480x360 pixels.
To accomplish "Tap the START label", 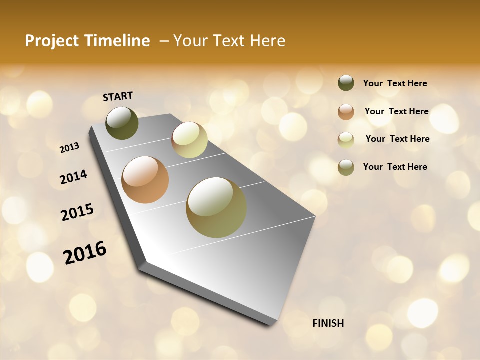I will point(118,96).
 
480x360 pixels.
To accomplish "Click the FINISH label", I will point(328,323).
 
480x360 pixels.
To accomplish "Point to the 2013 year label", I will point(69,148).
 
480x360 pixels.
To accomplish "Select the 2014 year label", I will point(74,177).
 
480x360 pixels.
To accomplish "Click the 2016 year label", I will point(85,252).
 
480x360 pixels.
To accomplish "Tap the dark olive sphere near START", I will point(122,123).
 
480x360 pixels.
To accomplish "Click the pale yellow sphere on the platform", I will point(189,140).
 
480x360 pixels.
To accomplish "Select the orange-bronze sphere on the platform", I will point(145,180).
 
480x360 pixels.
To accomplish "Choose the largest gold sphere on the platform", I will point(216,207).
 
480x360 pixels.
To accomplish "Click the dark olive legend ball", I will point(346,83).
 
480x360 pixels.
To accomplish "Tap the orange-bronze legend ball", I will point(346,111).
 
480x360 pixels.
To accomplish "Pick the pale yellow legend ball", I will point(346,139).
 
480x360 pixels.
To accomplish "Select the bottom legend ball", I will point(346,167).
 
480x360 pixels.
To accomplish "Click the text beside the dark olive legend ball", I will point(395,83).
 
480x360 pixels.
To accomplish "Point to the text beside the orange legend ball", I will point(397,111).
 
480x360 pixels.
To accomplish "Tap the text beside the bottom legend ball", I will point(395,167).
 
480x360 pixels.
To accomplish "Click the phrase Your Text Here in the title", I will point(229,41).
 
